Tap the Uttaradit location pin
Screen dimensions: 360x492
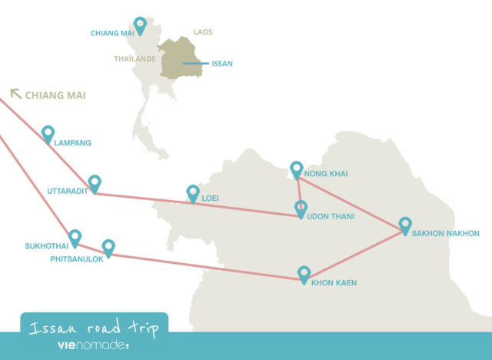click(95, 183)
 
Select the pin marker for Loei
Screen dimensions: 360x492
click(193, 193)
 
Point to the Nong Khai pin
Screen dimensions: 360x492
click(297, 169)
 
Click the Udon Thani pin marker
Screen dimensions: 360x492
click(301, 208)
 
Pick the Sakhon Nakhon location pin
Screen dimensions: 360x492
click(405, 225)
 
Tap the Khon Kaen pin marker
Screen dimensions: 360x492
click(304, 274)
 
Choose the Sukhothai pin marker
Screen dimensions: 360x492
click(75, 238)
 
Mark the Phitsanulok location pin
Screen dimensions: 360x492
click(108, 248)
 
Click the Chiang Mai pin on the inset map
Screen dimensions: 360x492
click(140, 25)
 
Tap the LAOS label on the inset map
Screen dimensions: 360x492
click(203, 32)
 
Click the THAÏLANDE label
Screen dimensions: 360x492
click(135, 58)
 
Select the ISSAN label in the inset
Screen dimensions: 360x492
click(221, 64)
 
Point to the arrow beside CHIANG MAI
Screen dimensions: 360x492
click(15, 94)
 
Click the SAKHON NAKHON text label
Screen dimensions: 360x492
click(446, 233)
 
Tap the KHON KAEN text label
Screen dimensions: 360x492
click(334, 283)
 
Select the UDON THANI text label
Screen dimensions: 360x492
click(331, 217)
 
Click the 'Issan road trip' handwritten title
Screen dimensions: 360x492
click(94, 328)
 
